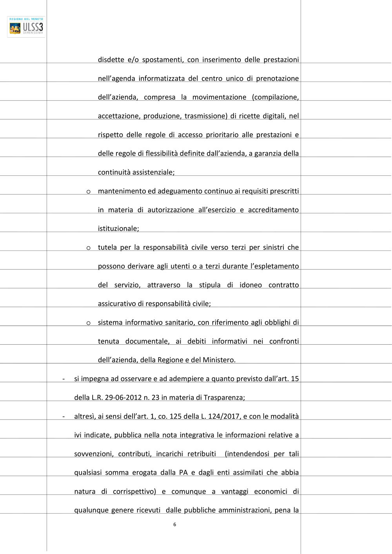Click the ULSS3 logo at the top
pyautogui.click(x=26, y=27)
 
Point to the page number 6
pyautogui.click(x=175, y=525)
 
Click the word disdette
pyautogui.click(x=111, y=60)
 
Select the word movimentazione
pyautogui.click(x=219, y=97)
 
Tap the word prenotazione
pyautogui.click(x=277, y=78)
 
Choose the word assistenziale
pyautogui.click(x=153, y=173)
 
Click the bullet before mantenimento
pyautogui.click(x=89, y=192)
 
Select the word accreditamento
pyautogui.click(x=273, y=210)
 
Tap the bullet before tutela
pyautogui.click(x=89, y=248)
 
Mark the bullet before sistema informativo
pyautogui.click(x=89, y=323)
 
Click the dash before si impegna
pyautogui.click(x=64, y=379)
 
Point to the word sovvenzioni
pyautogui.click(x=94, y=454)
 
